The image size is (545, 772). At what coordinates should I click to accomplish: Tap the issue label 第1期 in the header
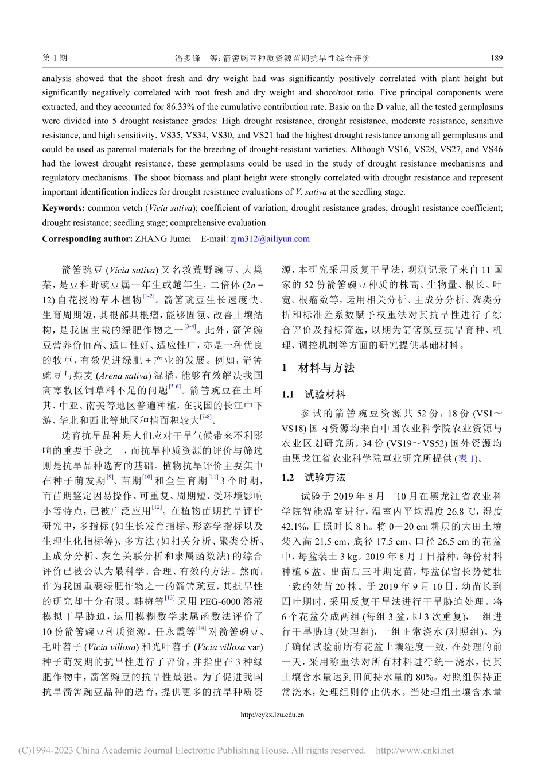tap(55, 58)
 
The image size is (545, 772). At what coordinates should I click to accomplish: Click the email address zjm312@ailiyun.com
tap(270, 239)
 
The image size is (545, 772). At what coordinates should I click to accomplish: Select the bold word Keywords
tap(63, 208)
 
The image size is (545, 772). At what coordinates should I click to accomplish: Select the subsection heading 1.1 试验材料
tap(314, 395)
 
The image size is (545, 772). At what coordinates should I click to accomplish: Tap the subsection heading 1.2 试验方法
tap(314, 478)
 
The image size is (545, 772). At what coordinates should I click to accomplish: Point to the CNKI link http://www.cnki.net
tap(414, 750)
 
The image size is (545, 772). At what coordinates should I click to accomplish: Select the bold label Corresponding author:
tap(87, 239)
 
